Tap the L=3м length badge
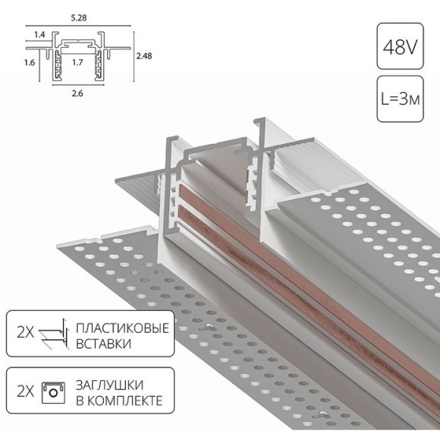pos(400,99)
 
